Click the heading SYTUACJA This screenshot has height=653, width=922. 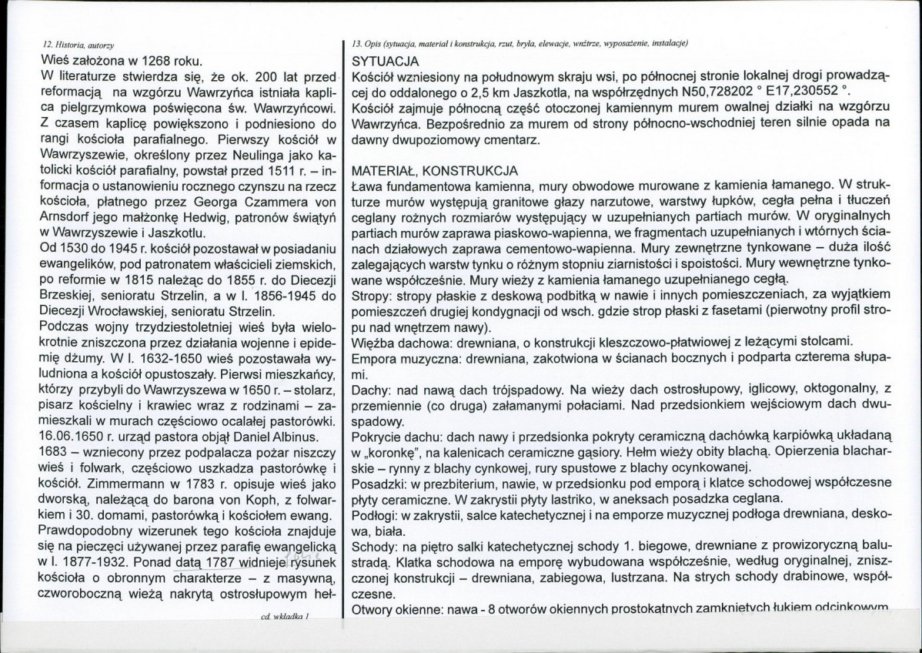(385, 60)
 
